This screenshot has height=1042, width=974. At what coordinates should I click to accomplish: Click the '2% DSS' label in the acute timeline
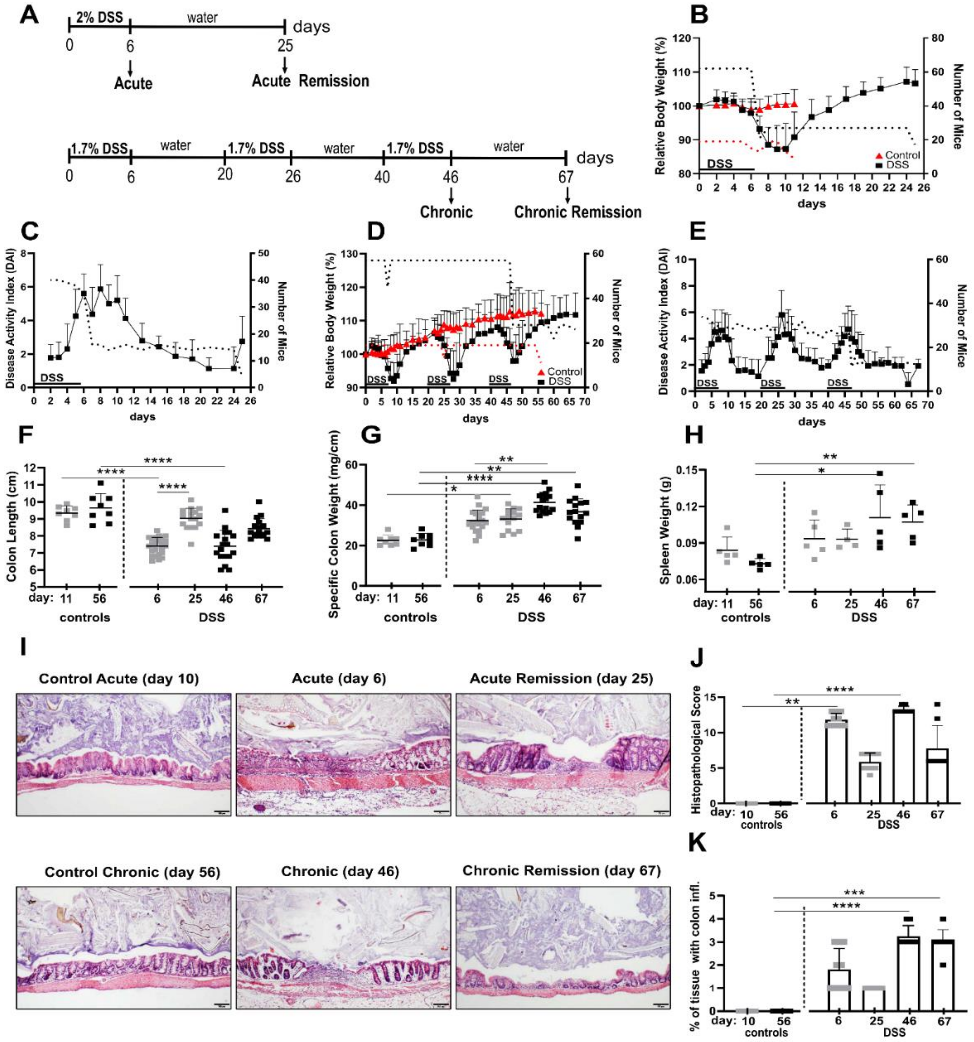99,17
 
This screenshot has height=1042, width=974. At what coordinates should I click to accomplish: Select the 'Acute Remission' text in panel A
310,81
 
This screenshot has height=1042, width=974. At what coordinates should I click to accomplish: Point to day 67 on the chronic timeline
566,177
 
